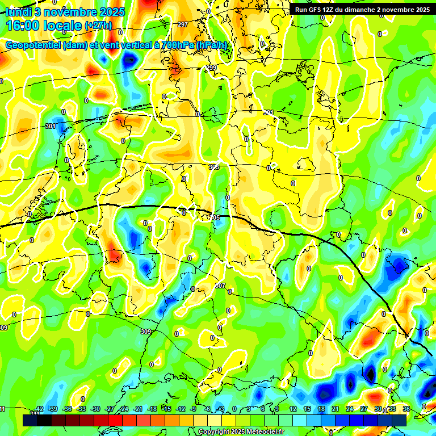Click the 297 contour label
click(182, 24)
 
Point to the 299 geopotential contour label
click(211, 68)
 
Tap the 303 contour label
click(213, 167)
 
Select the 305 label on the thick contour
click(215, 217)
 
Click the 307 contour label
click(220, 286)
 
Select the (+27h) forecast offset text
click(99, 26)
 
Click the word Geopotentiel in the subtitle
click(33, 45)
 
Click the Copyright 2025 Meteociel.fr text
click(241, 432)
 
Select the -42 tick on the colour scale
click(39, 409)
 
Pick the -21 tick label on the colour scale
click(138, 409)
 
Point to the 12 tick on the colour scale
click(292, 409)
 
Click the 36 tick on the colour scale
click(406, 409)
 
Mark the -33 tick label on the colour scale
click(81, 409)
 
